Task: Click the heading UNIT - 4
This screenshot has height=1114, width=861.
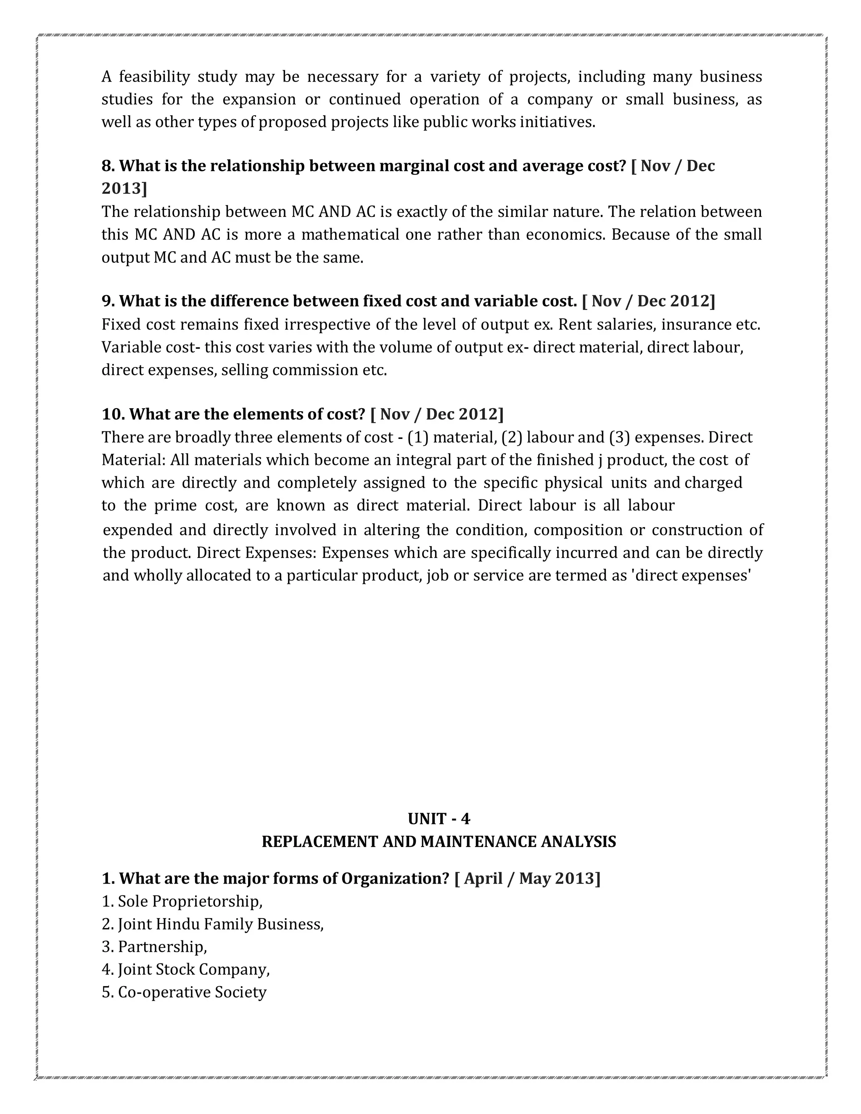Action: pyautogui.click(x=438, y=818)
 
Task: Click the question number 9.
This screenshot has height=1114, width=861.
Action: pyautogui.click(x=108, y=301)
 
